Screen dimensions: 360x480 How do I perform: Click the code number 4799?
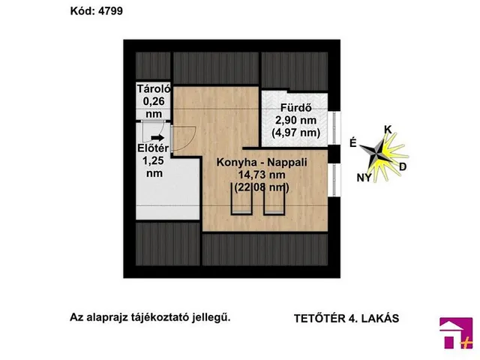[x=108, y=11]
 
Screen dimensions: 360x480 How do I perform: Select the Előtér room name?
[x=152, y=148]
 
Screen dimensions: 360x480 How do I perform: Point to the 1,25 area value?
[x=153, y=160]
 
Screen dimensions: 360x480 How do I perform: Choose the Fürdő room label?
[x=295, y=107]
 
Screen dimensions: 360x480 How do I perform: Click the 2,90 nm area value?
[x=295, y=120]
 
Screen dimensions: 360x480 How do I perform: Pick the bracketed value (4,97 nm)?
[x=295, y=133]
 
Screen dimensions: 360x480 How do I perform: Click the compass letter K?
[x=388, y=129]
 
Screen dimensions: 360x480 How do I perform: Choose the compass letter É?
[x=352, y=144]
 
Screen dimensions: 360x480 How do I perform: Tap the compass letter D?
[x=403, y=166]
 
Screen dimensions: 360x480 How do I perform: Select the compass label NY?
[x=364, y=177]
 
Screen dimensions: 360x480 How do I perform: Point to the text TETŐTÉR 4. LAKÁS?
[x=346, y=317]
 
